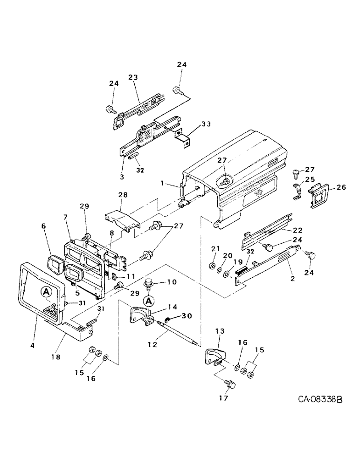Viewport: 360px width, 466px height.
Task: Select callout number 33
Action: pos(206,124)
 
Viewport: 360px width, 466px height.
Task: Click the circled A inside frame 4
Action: pos(46,292)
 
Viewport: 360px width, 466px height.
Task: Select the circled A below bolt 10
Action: pos(149,301)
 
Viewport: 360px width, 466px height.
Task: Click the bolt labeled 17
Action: pos(229,383)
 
